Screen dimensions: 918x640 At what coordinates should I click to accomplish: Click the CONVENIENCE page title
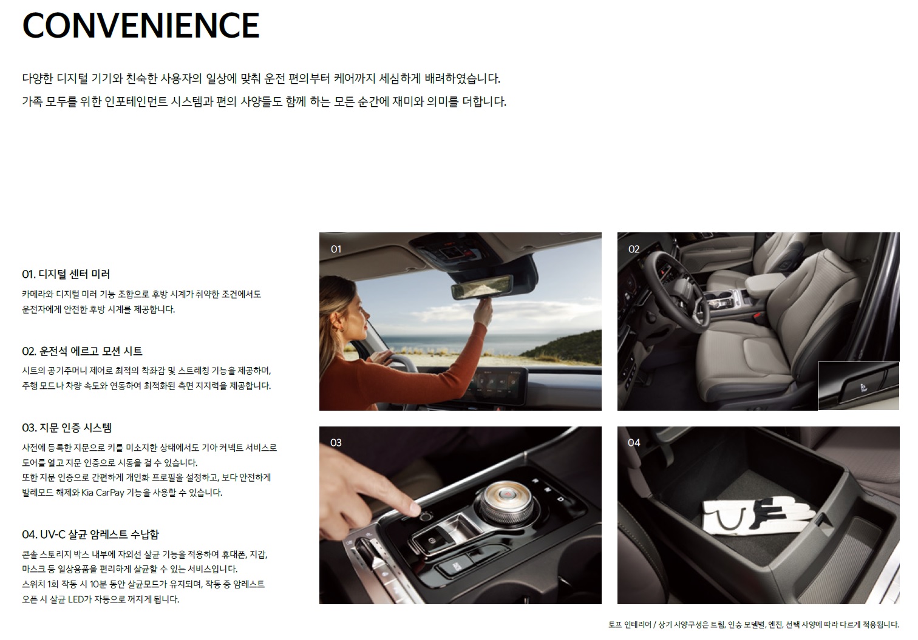coord(141,25)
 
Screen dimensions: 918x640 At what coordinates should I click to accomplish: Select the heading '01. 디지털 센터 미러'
coord(66,274)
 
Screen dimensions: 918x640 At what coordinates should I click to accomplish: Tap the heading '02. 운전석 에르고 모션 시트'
coord(82,351)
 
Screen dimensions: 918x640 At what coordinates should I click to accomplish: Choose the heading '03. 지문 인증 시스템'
coord(67,428)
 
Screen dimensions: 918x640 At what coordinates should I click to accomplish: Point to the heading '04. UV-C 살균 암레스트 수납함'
coord(90,534)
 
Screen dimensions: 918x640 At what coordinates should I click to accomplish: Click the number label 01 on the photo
coord(336,249)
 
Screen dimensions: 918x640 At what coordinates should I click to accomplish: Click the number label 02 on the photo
coord(634,249)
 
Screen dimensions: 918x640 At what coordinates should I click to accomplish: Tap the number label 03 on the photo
coord(336,443)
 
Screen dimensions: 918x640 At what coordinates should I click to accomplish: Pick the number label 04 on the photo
coord(634,443)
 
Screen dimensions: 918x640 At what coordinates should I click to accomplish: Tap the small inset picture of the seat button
coord(858,386)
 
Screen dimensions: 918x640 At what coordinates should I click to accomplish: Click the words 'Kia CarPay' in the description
coord(103,493)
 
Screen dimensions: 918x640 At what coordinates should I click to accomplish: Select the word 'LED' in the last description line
coord(75,599)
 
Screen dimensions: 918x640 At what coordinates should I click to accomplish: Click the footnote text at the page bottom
coord(753,624)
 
